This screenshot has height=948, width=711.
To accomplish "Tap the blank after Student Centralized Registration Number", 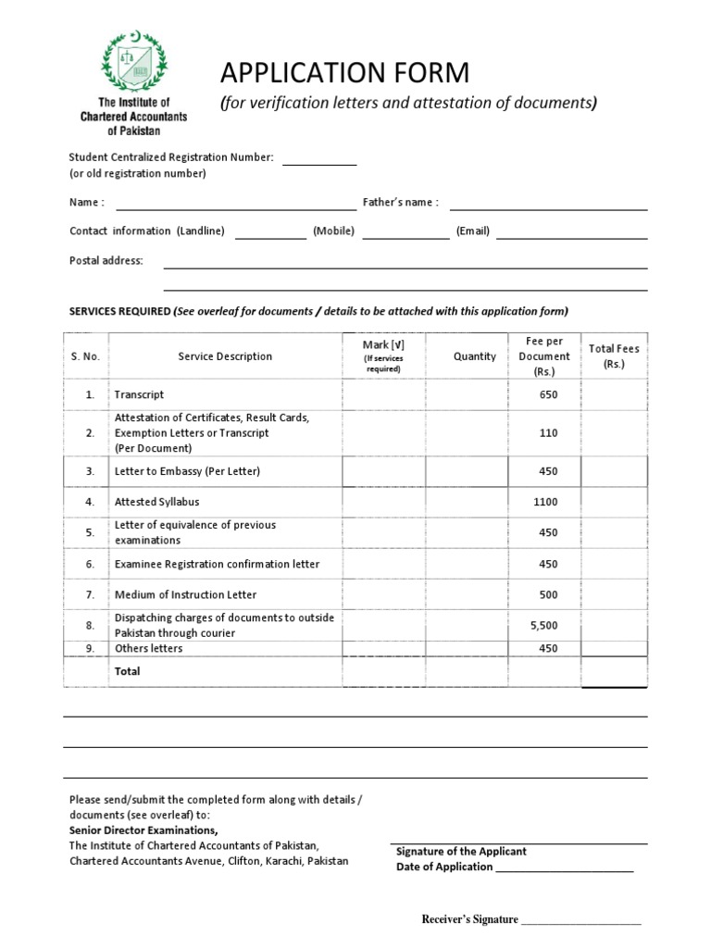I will tap(318, 159).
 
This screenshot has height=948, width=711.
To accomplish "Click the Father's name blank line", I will tap(548, 205).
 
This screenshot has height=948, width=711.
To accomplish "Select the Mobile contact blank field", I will tap(405, 233).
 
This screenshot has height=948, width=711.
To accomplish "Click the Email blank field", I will tap(571, 233).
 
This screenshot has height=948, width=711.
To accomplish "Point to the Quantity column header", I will tap(475, 356).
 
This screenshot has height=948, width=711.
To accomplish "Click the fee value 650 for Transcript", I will tap(548, 394).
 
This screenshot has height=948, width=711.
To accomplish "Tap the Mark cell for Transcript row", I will tap(383, 395).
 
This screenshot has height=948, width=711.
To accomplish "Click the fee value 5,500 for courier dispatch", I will tap(544, 626).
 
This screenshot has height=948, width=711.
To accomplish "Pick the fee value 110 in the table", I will tap(548, 432).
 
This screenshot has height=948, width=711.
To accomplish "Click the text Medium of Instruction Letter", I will tap(185, 594).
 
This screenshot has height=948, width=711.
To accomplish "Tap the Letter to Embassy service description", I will tap(187, 471).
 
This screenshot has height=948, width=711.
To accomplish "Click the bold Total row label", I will tap(127, 671).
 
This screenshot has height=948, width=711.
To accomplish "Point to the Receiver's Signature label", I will tap(469, 919).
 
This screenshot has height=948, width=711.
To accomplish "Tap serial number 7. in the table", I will tap(90, 594).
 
